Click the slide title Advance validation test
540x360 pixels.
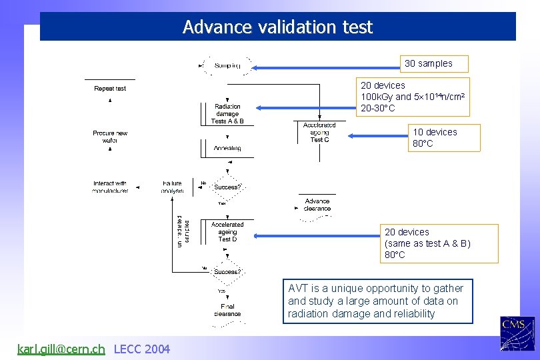click(x=277, y=27)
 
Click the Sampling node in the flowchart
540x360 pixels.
click(x=227, y=65)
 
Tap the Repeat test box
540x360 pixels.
click(x=110, y=88)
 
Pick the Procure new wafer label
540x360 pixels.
click(x=110, y=137)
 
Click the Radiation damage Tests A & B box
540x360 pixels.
click(x=228, y=114)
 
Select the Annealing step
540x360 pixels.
click(x=227, y=148)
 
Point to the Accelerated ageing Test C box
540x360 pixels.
click(x=319, y=132)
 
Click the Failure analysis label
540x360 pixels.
click(x=172, y=187)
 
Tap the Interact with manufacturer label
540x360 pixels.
click(x=110, y=187)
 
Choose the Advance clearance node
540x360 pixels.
click(x=317, y=205)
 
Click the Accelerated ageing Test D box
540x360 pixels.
click(x=227, y=232)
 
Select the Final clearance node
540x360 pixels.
click(x=227, y=310)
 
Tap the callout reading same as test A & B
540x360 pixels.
click(x=440, y=243)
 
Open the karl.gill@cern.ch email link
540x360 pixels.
click(x=61, y=349)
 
